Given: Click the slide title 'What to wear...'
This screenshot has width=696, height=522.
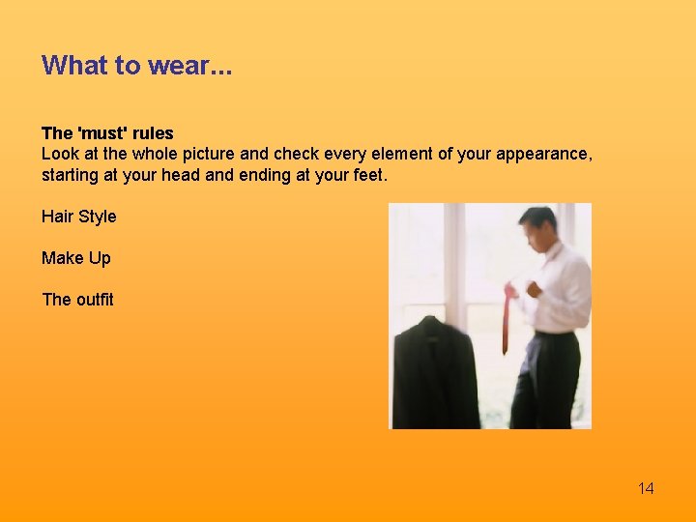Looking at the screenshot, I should pyautogui.click(x=136, y=66).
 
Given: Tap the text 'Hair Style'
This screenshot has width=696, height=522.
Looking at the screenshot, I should pyautogui.click(x=78, y=217).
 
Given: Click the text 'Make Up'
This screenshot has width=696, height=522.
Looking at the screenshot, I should pyautogui.click(x=75, y=258).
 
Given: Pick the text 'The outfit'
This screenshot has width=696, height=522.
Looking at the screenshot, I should pyautogui.click(x=77, y=300).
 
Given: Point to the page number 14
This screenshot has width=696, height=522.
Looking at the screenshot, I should pyautogui.click(x=646, y=488).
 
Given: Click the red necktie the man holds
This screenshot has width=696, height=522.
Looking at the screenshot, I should pyautogui.click(x=506, y=324).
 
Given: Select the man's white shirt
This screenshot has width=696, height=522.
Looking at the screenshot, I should pyautogui.click(x=561, y=290).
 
